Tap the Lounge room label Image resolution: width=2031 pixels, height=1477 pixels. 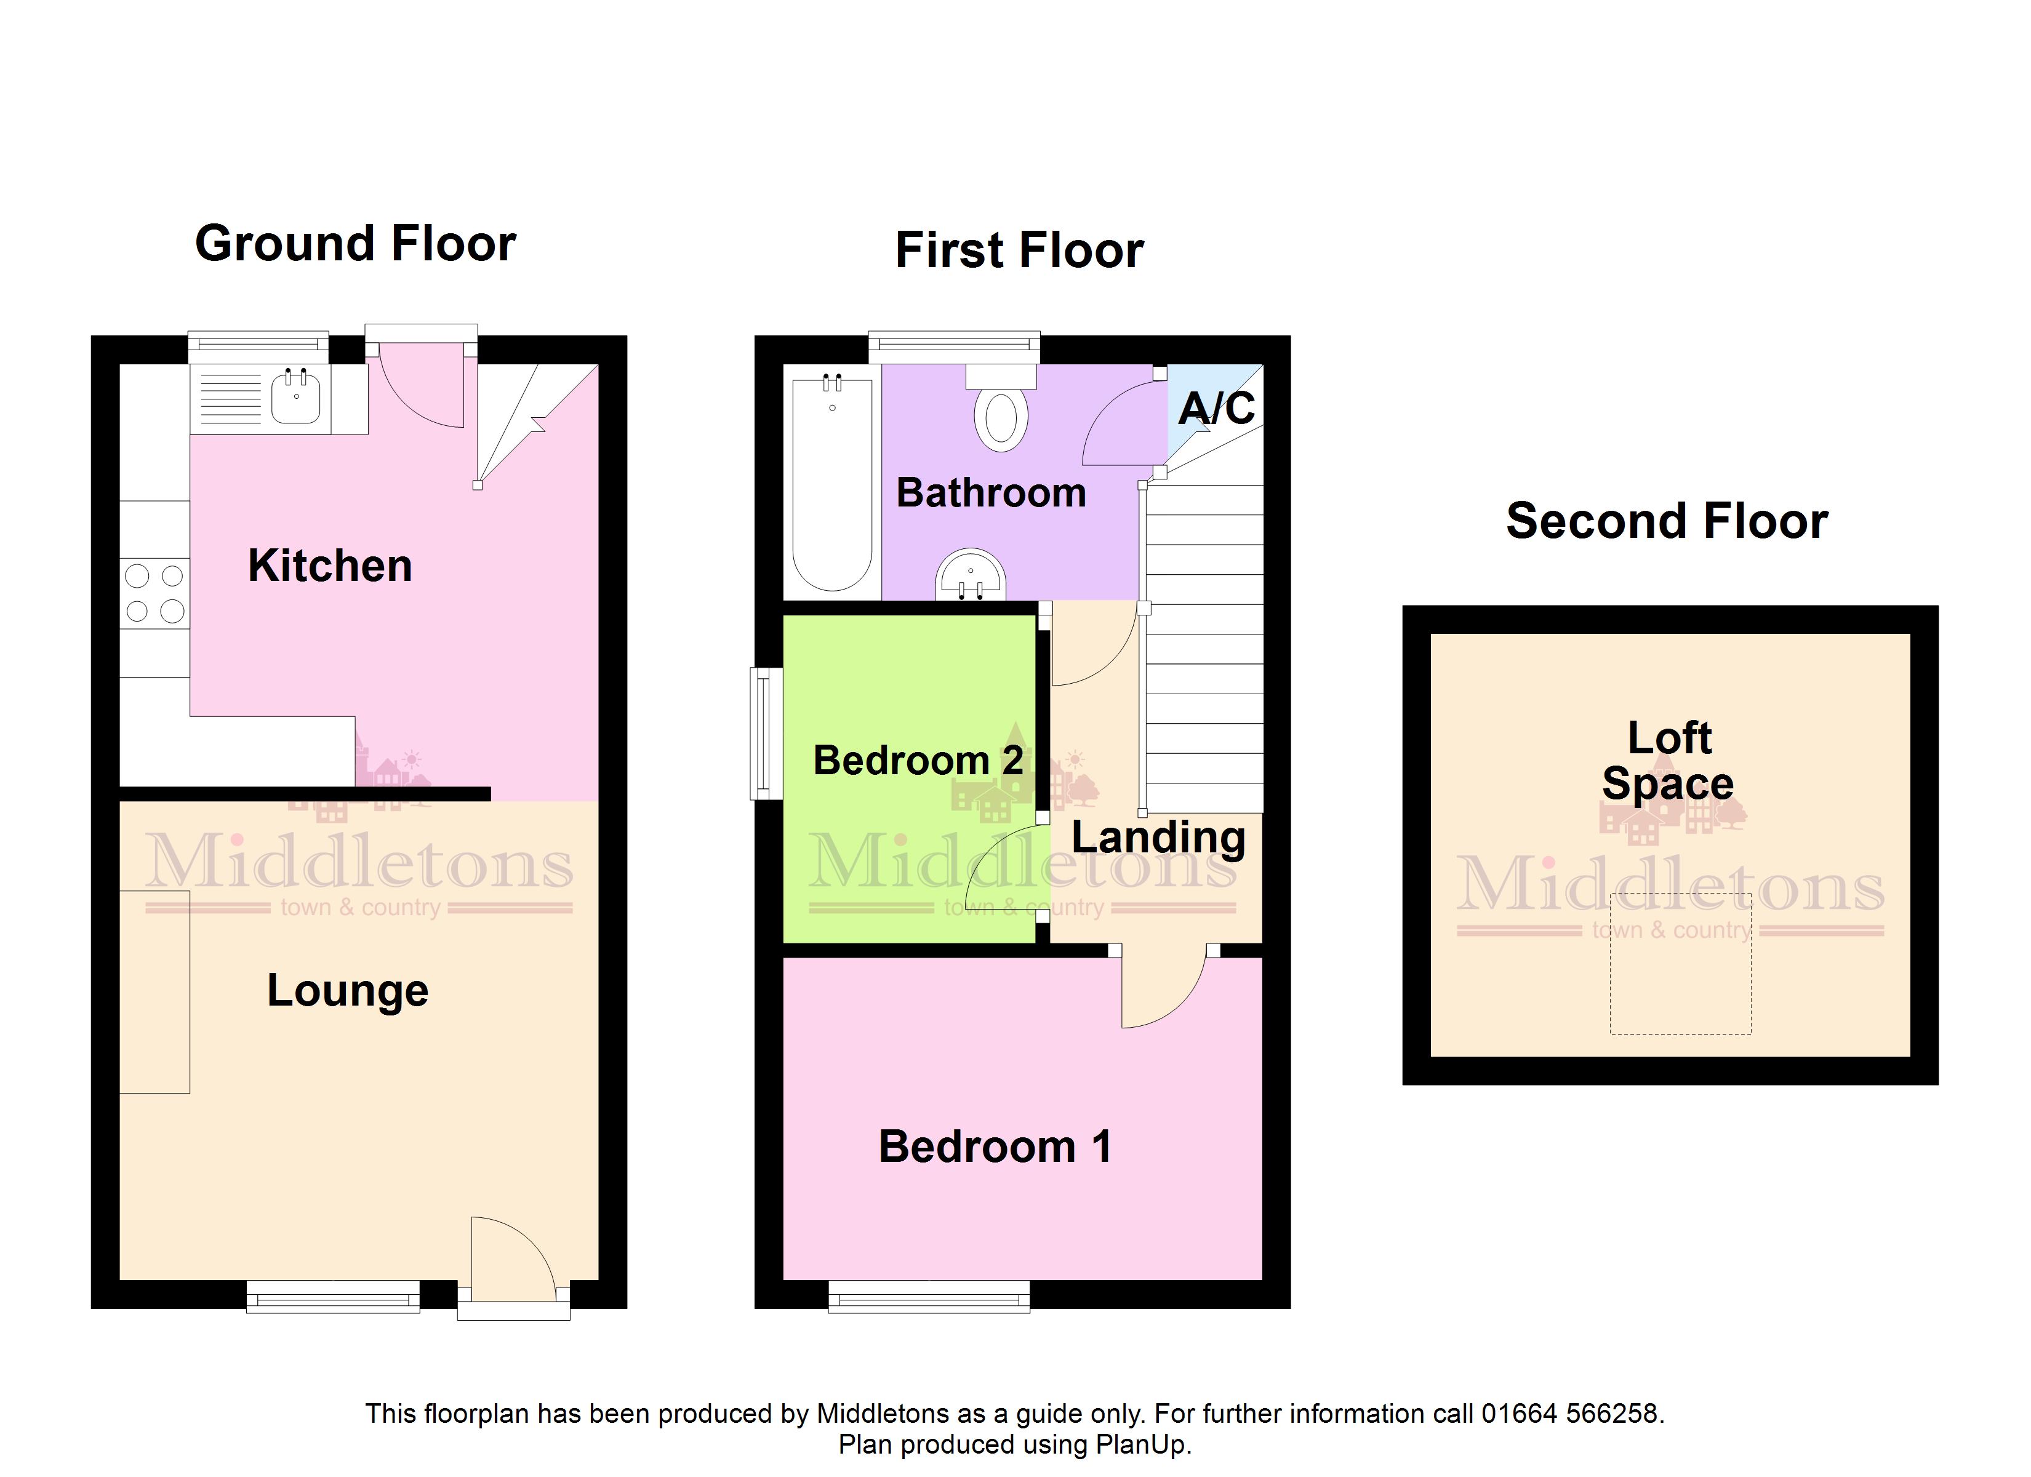coord(348,991)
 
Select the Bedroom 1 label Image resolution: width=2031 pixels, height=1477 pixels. coord(995,1147)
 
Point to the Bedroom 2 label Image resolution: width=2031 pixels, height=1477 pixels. coord(918,761)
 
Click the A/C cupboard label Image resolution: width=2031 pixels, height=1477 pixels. coord(1216,409)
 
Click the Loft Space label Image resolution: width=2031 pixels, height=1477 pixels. coord(1668,761)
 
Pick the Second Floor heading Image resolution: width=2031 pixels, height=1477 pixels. coord(1667,521)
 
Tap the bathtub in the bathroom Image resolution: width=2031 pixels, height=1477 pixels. coord(832,484)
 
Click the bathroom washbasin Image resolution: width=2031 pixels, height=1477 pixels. coord(971,574)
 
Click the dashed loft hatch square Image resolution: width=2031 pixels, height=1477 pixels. coord(1681,964)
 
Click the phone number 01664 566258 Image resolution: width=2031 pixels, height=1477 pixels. coord(1572,1414)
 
